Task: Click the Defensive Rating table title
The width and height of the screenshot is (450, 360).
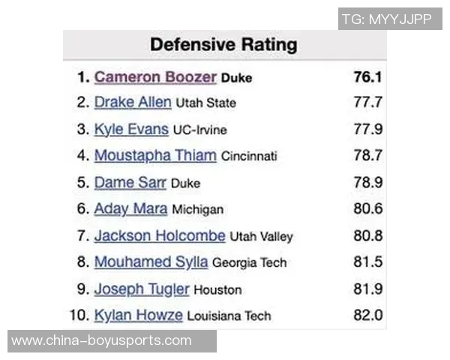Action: pyautogui.click(x=223, y=44)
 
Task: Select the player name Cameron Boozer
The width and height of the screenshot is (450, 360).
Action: pyautogui.click(x=155, y=77)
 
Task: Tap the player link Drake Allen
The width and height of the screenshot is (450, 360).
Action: pyautogui.click(x=133, y=102)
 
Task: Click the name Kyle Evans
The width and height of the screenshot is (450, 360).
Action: pyautogui.click(x=131, y=129)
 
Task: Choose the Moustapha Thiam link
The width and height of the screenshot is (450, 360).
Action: pyautogui.click(x=155, y=156)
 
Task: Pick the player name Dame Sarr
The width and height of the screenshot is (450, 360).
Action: pyautogui.click(x=130, y=182)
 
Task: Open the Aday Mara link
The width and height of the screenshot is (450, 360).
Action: pyautogui.click(x=130, y=209)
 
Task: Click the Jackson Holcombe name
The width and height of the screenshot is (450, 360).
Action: pyautogui.click(x=160, y=235)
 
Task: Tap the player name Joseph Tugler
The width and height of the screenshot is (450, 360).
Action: pyautogui.click(x=142, y=289)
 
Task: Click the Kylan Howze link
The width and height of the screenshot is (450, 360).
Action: pyautogui.click(x=139, y=315)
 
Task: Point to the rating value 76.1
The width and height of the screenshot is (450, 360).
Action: pyautogui.click(x=368, y=77)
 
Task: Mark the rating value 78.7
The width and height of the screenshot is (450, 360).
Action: pyautogui.click(x=368, y=156)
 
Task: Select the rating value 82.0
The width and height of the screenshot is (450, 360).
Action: pyautogui.click(x=368, y=315)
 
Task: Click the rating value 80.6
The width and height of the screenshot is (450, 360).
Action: pyautogui.click(x=368, y=209)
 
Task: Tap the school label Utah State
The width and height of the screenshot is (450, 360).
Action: pyautogui.click(x=205, y=103)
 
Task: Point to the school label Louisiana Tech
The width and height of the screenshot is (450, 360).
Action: pyautogui.click(x=229, y=316)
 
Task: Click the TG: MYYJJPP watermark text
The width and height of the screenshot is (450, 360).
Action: pyautogui.click(x=386, y=19)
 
